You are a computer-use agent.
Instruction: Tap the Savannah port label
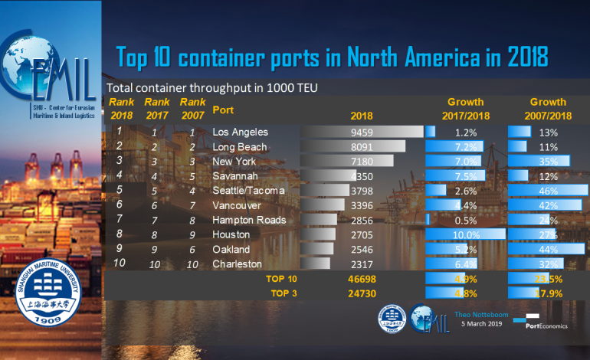pos(235,175)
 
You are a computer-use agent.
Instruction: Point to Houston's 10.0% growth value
pos(466,234)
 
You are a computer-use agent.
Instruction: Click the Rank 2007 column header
pos(192,107)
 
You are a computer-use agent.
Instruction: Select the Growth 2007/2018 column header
pos(548,108)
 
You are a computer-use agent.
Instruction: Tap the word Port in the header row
pos(223,109)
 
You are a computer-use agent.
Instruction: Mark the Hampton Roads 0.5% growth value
pos(466,220)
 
